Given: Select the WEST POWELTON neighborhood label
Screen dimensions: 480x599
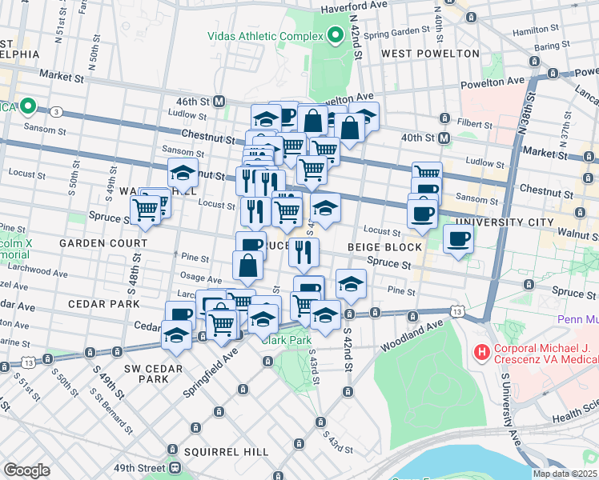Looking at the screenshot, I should click(430, 54).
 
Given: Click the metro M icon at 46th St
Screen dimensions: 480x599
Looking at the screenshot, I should click(218, 102).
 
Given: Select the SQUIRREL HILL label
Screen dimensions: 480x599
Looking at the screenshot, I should click(227, 452).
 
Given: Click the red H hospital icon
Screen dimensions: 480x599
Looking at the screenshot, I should click(481, 351).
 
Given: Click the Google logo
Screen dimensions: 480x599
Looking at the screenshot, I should click(26, 470).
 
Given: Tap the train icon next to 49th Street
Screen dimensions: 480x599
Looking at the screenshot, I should click(174, 468).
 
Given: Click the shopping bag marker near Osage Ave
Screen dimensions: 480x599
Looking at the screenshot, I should click(248, 266).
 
